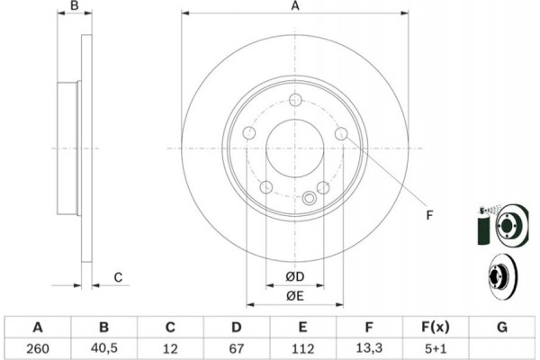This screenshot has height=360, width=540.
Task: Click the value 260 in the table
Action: [x=38, y=348]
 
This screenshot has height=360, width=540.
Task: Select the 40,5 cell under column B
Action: [x=104, y=348]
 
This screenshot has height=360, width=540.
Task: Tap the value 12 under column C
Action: [x=170, y=348]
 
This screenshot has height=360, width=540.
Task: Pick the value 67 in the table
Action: [x=236, y=348]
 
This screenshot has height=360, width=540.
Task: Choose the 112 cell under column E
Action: [x=302, y=348]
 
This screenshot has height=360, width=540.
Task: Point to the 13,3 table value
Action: [x=369, y=348]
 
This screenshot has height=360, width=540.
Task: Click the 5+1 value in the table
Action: [x=436, y=348]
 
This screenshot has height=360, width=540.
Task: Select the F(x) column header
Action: [x=436, y=327]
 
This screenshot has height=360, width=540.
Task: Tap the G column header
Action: [x=502, y=327]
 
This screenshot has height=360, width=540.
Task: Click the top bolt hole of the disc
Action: [x=295, y=100]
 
